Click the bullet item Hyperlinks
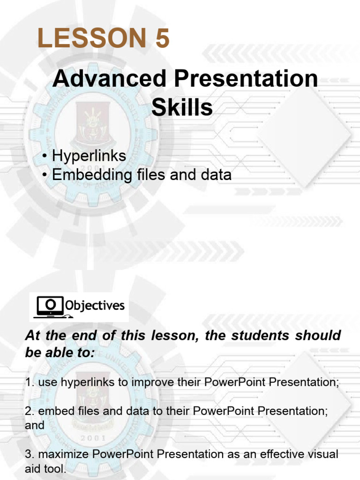pos(89,156)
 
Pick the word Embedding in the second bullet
pos(91,175)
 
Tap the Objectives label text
pos(95,306)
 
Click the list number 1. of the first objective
pos(30,382)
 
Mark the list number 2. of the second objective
pos(30,411)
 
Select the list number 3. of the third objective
pos(30,454)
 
